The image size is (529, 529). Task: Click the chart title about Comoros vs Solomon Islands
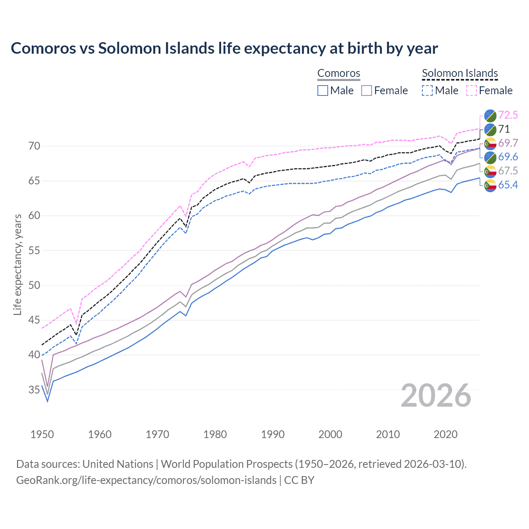pos(224,48)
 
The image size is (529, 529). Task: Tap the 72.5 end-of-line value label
pos(508,115)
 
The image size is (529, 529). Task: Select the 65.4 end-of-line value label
pos(508,185)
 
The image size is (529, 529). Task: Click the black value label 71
pos(504,129)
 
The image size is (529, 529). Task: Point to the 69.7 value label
pos(508,143)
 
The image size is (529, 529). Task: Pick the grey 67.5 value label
pos(508,171)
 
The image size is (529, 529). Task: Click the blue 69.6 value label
pos(508,157)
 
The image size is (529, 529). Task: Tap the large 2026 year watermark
pos(436,396)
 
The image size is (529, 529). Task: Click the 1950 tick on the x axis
pos(42,434)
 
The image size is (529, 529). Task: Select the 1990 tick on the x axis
pos(273,434)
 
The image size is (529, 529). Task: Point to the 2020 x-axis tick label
pos(446,434)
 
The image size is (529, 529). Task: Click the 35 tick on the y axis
pos(34,390)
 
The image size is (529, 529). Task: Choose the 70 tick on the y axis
pos(34,146)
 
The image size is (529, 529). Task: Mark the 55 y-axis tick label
pos(34,250)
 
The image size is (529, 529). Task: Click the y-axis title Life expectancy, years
pos(17,264)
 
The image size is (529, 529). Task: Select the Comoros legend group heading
pos(339,73)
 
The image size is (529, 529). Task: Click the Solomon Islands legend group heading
pos(460,73)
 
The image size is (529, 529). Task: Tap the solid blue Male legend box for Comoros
pos(323,91)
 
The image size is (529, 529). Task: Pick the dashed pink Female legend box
pos(472,91)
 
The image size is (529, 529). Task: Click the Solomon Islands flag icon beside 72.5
pos(490,115)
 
